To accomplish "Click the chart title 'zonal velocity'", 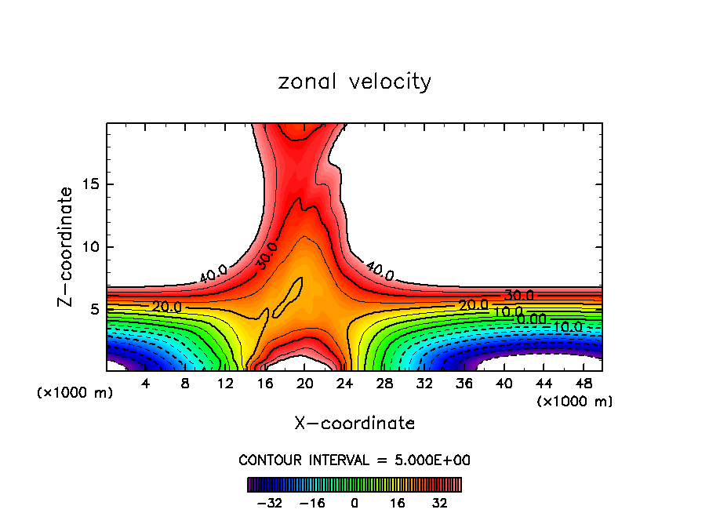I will click(x=354, y=82).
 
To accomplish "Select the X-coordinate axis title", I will click(x=354, y=424).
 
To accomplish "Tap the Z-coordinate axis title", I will click(x=66, y=246).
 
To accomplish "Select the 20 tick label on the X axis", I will click(x=305, y=384).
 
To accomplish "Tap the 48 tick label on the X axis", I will click(x=583, y=384).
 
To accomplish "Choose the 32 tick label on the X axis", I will click(x=424, y=384).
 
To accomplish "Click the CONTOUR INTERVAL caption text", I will click(x=354, y=460).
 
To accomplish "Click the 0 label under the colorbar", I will click(x=354, y=503).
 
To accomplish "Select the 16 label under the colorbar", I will click(x=398, y=503).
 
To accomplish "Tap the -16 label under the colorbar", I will click(x=312, y=503).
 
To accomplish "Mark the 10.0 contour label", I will click(x=507, y=312).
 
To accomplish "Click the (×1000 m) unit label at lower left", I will click(x=75, y=393).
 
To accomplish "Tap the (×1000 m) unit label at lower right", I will click(x=575, y=402).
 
